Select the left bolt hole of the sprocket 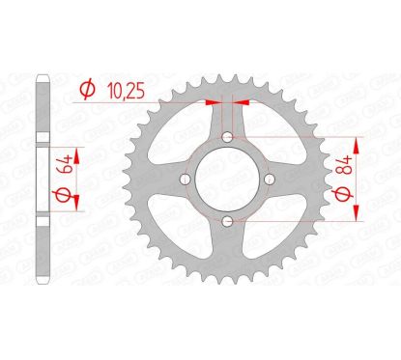pyautogui.click(x=183, y=180)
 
